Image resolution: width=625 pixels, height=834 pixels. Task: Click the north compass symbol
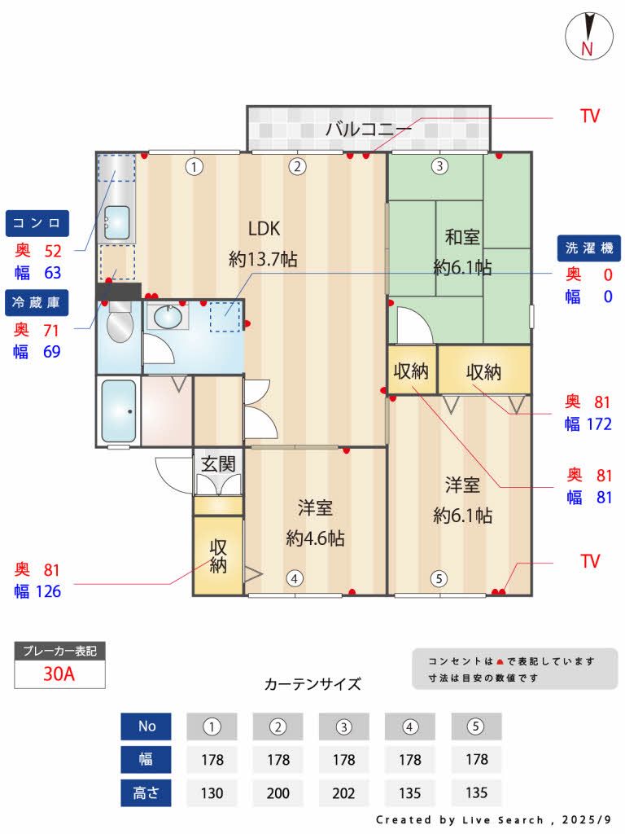(x=587, y=36)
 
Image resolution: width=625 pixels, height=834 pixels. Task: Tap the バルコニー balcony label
(x=369, y=129)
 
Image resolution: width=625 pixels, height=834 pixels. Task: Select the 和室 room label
(x=461, y=237)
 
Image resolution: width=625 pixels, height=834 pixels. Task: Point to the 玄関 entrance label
(x=218, y=464)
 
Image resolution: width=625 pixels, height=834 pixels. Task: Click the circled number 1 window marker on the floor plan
(x=194, y=167)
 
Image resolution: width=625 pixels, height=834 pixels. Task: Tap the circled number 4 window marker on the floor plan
(x=295, y=578)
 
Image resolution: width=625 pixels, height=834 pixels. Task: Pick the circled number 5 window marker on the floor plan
(x=439, y=579)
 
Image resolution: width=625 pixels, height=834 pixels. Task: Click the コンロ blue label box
(x=38, y=222)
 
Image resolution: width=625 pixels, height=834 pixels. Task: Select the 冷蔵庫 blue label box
(x=38, y=302)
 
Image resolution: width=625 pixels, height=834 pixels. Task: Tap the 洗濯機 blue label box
(x=589, y=248)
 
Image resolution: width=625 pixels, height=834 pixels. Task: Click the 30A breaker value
(x=59, y=674)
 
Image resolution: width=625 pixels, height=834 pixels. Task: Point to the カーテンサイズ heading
(x=312, y=684)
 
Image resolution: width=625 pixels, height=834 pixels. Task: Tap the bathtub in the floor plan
(x=119, y=411)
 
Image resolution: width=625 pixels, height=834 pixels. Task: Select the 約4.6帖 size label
(x=315, y=538)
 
